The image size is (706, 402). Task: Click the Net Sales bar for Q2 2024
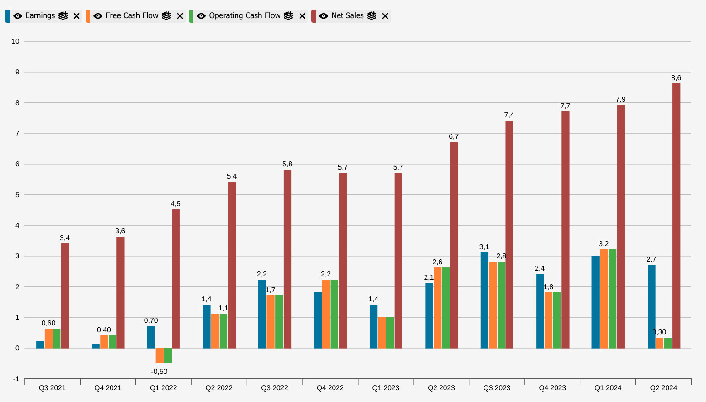[676, 216]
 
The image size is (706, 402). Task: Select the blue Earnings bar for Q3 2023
[484, 300]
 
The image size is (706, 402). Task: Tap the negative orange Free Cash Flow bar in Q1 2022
[160, 356]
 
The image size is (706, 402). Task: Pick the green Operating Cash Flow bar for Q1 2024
[612, 299]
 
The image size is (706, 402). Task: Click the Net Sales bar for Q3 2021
[65, 295]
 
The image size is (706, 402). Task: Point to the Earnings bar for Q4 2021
[96, 346]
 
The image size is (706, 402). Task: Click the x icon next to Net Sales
[385, 16]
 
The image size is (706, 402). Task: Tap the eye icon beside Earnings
[18, 16]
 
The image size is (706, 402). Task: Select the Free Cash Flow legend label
[132, 16]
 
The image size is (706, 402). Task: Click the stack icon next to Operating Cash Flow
[288, 16]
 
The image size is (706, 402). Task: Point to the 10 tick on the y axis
[16, 41]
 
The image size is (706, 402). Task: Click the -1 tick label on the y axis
[16, 379]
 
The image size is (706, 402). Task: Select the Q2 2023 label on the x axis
[441, 388]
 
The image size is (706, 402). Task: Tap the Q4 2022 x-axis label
[330, 388]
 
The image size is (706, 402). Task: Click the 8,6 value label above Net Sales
[676, 78]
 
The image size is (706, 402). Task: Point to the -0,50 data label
[159, 372]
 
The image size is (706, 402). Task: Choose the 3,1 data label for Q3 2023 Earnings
[484, 247]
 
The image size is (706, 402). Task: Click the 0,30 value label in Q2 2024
[659, 332]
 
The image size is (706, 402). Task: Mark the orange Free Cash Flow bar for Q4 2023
[548, 320]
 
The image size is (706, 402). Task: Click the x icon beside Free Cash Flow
[180, 16]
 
